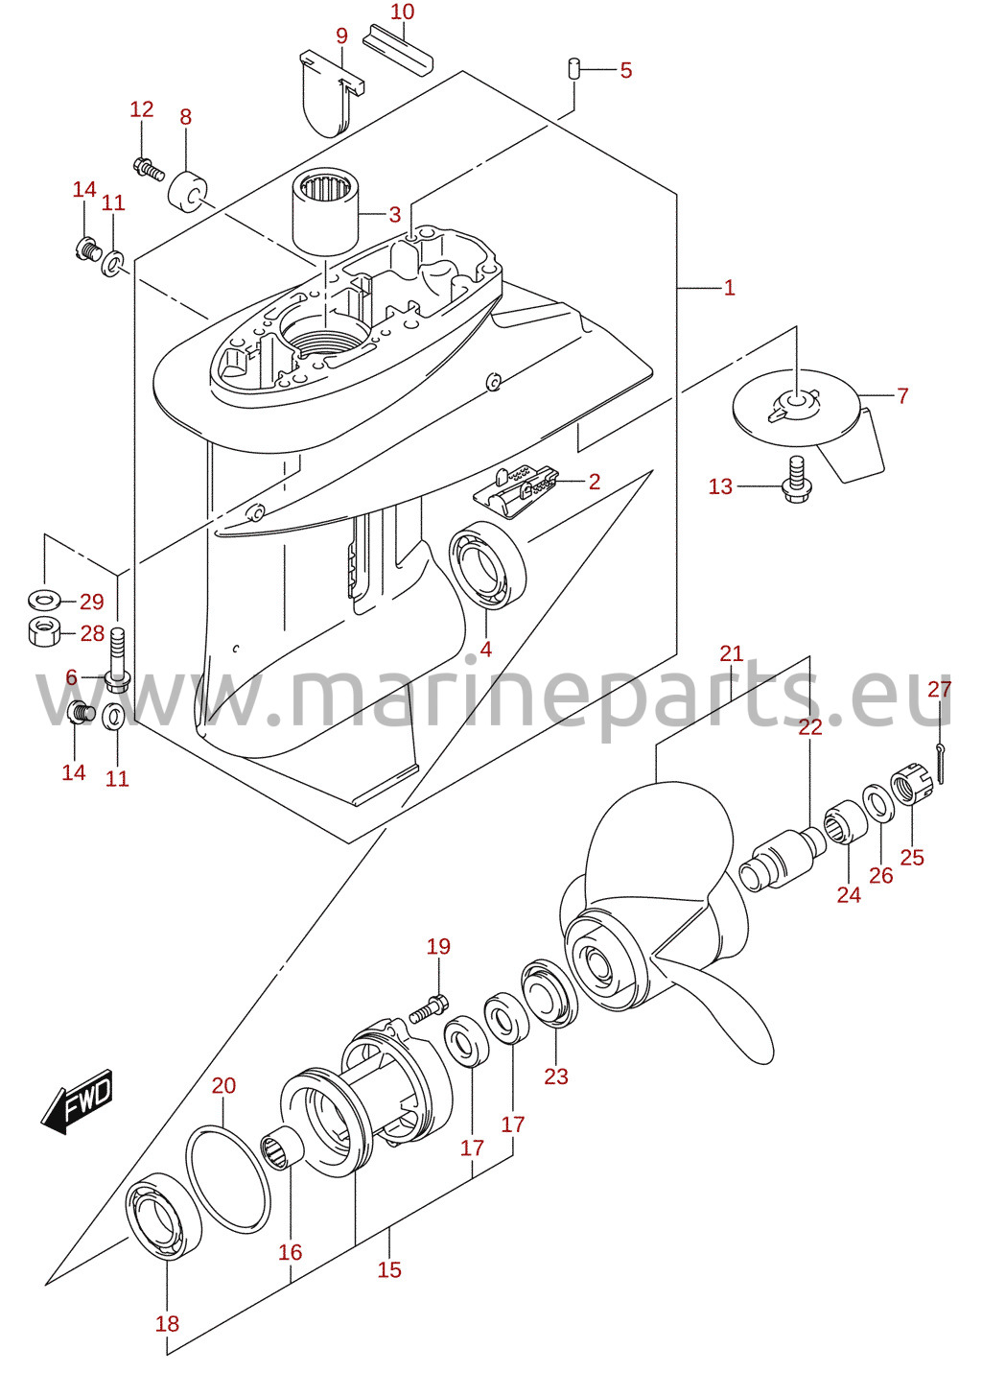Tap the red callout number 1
click(x=729, y=287)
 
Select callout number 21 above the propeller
click(x=732, y=653)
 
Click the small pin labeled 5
click(x=574, y=68)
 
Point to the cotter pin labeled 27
click(x=940, y=764)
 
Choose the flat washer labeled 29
click(x=44, y=599)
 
